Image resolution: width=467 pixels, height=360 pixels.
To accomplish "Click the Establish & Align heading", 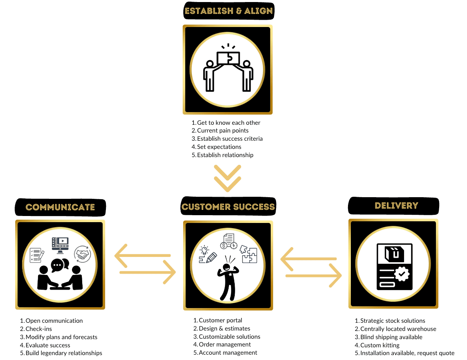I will tap(228, 11).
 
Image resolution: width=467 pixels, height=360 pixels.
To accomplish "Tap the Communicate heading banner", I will tap(60, 207).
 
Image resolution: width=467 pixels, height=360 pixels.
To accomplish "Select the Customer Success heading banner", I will tap(228, 207).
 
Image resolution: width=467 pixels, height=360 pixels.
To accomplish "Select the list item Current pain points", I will tap(222, 130).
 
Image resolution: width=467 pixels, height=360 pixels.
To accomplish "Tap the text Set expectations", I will tap(219, 147).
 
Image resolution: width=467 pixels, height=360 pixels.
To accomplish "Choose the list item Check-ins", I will tap(38, 329).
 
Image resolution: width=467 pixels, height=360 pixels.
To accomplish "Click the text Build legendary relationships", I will tap(63, 353).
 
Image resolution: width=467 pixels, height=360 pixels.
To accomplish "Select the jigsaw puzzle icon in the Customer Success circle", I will tap(249, 254).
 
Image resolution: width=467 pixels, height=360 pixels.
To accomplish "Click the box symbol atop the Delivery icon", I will tap(394, 254).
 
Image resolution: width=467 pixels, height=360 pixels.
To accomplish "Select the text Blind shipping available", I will tap(391, 337).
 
